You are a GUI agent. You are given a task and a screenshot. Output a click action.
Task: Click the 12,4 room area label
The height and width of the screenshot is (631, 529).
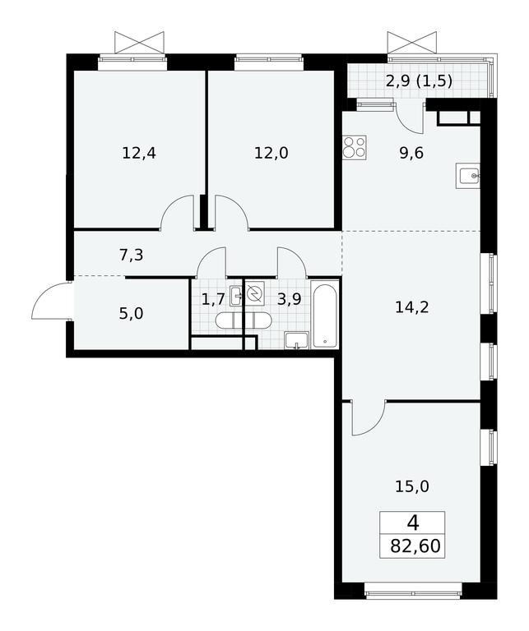pyautogui.click(x=139, y=154)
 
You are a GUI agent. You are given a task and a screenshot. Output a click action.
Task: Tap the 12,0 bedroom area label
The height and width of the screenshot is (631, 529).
pyautogui.click(x=271, y=154)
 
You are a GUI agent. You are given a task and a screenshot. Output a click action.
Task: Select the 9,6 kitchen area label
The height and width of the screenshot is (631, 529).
pyautogui.click(x=411, y=154)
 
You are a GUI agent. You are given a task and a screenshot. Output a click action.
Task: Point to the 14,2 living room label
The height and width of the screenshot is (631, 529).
pyautogui.click(x=411, y=307)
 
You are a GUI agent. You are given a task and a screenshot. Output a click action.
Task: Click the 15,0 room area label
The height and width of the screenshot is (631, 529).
pyautogui.click(x=411, y=486)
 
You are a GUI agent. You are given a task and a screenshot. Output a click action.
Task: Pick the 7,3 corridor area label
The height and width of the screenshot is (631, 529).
pyautogui.click(x=132, y=256)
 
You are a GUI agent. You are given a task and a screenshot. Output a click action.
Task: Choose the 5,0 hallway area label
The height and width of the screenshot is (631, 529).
pyautogui.click(x=131, y=313)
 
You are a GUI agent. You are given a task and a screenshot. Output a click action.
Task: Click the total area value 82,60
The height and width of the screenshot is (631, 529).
pyautogui.click(x=415, y=546)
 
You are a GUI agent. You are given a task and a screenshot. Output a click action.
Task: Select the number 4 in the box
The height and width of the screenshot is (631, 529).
pyautogui.click(x=413, y=523)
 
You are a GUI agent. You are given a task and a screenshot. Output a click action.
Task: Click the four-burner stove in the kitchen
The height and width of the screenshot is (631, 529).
pyautogui.click(x=355, y=148)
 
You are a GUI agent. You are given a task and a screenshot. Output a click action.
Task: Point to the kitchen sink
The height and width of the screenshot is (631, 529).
pyautogui.click(x=468, y=176)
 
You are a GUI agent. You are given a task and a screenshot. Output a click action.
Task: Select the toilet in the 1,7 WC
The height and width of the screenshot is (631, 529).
pyautogui.click(x=229, y=320)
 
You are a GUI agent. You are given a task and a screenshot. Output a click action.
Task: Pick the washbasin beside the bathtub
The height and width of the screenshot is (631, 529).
pyautogui.click(x=296, y=340)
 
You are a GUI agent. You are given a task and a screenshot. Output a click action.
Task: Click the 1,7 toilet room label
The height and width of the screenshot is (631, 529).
pyautogui.click(x=212, y=299)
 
